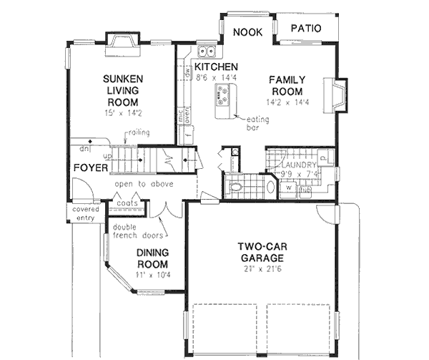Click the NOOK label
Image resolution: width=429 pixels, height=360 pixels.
pos(249,31)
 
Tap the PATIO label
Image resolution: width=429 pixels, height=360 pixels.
pos(305,29)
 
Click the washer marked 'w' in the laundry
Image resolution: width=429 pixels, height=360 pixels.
pos(289,190)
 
